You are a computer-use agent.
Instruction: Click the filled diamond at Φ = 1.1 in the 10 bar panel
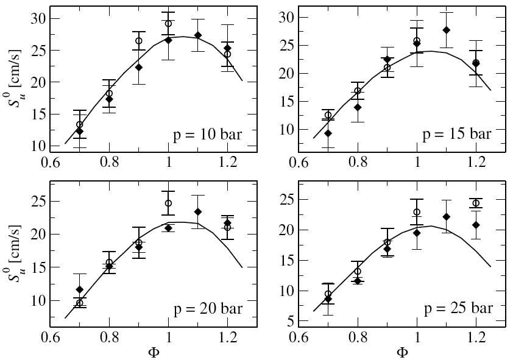click(198, 35)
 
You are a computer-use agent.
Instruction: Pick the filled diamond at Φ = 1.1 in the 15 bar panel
click(446, 30)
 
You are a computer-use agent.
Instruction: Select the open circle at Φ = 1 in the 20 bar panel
click(168, 203)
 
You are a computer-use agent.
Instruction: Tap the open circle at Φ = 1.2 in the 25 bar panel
click(476, 203)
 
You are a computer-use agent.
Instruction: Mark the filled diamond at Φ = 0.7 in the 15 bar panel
click(328, 133)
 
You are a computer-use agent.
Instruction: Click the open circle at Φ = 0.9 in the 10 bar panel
click(138, 41)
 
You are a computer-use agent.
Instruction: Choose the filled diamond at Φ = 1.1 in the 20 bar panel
click(198, 212)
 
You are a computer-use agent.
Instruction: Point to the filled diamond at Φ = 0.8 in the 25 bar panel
click(358, 281)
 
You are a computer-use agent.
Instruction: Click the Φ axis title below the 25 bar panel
click(402, 352)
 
